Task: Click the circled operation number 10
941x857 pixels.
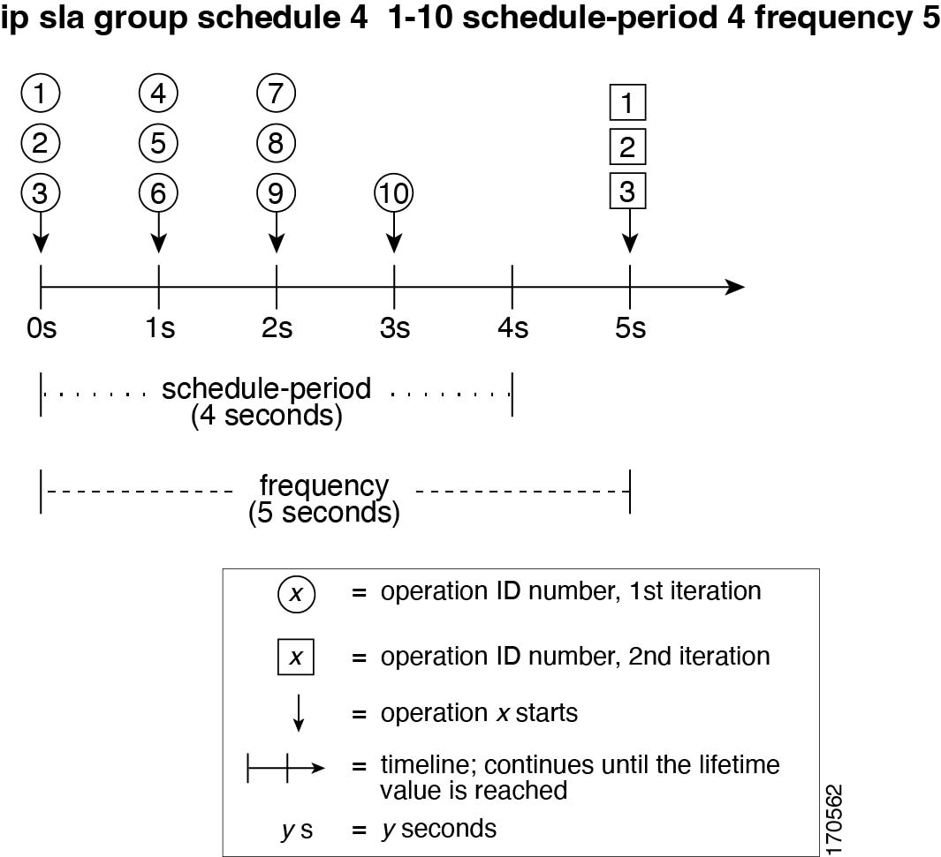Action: click(394, 193)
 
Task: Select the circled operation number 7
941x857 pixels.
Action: click(276, 94)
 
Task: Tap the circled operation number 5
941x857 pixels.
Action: click(158, 143)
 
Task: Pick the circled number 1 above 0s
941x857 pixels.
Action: click(41, 94)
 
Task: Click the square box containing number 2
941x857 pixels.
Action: click(627, 147)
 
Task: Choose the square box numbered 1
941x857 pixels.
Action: click(627, 102)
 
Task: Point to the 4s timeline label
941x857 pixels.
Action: click(513, 327)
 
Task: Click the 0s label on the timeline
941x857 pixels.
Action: click(42, 327)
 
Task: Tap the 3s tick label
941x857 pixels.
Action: click(395, 327)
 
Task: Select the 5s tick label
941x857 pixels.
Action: click(631, 327)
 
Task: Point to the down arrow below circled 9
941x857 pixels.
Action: click(276, 232)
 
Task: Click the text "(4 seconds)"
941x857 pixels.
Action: click(267, 416)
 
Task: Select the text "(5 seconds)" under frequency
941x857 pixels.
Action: click(324, 513)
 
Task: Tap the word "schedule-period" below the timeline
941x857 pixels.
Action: click(267, 389)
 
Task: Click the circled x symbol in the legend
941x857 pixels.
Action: click(297, 594)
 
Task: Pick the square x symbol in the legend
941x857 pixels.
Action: click(296, 658)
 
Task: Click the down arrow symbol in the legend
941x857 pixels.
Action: click(299, 714)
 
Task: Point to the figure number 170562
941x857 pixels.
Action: click(834, 820)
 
